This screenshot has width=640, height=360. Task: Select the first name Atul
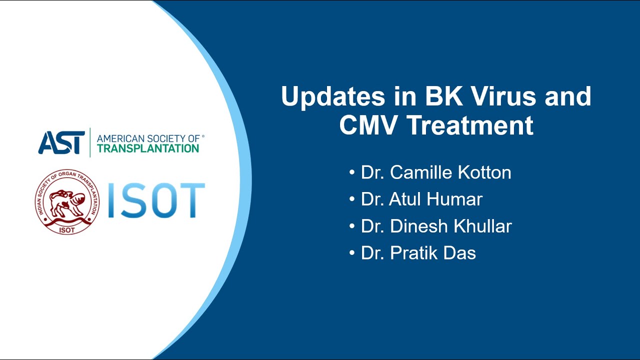coord(406,199)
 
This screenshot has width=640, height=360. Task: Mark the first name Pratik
coord(412,253)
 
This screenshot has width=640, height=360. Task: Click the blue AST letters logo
coord(61,142)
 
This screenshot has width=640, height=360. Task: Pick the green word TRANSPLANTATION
coord(147,148)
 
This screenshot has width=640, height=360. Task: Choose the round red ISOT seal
coord(67,202)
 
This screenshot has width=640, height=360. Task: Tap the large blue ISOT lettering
coord(156,201)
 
